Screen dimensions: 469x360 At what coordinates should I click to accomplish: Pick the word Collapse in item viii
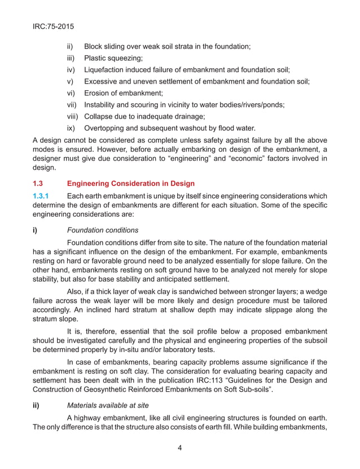100,116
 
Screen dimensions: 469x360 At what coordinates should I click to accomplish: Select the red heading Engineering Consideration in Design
130,183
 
